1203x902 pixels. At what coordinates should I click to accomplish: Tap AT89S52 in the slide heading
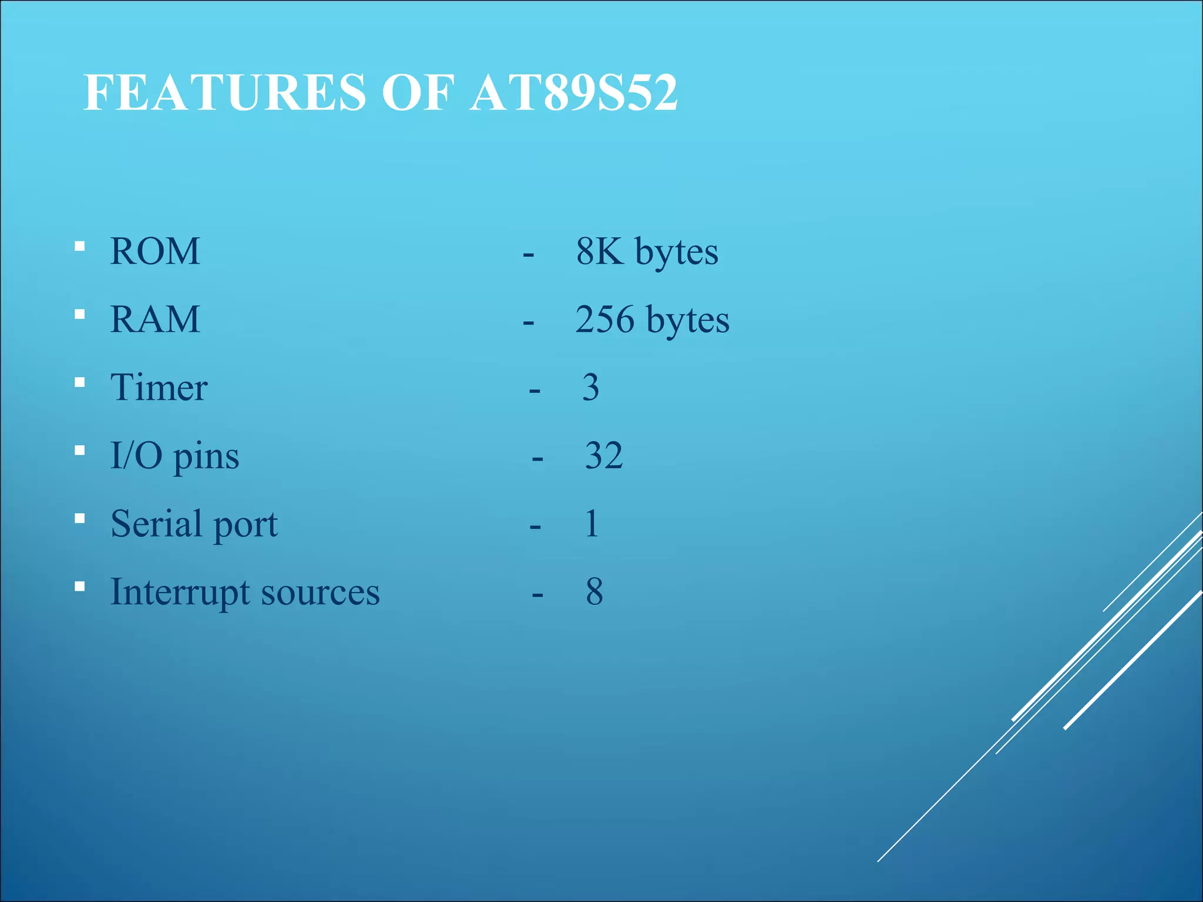coord(574,93)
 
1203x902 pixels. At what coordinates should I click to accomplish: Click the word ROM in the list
coord(155,252)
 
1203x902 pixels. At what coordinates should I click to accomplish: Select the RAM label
coord(155,320)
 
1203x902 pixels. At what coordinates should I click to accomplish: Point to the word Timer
coord(159,388)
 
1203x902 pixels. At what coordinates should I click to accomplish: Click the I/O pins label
coord(174,456)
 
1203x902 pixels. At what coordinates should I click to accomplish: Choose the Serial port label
coord(194,524)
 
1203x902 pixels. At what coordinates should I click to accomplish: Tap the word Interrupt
coord(180,593)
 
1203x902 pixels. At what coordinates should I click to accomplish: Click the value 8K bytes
coord(647,252)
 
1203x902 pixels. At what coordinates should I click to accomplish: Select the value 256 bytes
coord(652,320)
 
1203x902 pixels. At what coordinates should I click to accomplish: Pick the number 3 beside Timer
coord(591,388)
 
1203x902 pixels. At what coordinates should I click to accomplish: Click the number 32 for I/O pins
coord(604,456)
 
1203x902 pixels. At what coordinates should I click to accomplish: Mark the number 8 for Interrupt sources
coord(594,592)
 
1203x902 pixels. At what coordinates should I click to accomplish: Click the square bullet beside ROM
coord(80,246)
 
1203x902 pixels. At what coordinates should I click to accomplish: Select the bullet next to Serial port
coord(80,519)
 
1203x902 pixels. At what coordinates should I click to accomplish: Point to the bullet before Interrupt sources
coord(80,586)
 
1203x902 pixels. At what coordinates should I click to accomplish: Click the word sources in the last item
coord(321,593)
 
